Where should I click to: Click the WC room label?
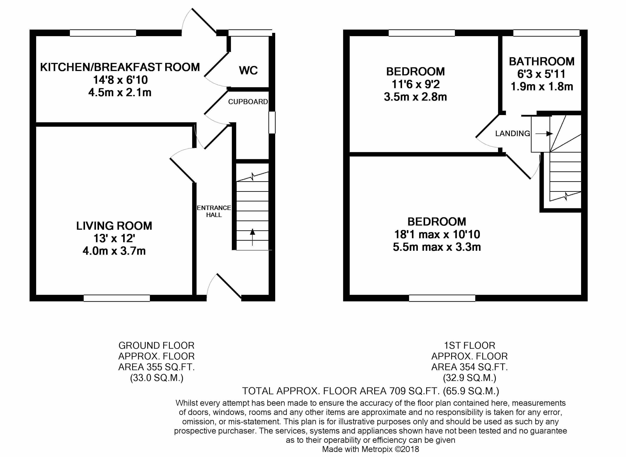point(248,70)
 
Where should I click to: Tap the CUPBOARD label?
point(248,102)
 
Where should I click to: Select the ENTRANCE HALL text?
point(213,211)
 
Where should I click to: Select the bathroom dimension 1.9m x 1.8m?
point(541,87)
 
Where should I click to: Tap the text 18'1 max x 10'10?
point(437,234)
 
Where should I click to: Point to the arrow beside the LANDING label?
point(544,134)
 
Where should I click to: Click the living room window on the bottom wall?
point(117,298)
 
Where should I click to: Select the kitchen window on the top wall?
point(103,33)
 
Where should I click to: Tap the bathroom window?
point(546,33)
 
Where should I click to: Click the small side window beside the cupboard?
point(272,122)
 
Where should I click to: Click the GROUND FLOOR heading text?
point(156,345)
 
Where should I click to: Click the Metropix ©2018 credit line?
point(371,449)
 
